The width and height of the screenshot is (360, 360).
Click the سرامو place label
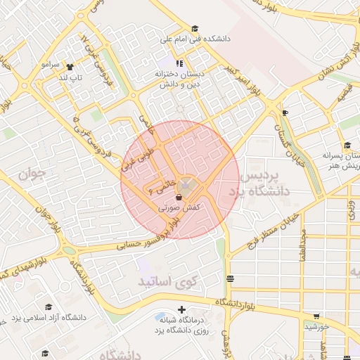(x=51, y=64)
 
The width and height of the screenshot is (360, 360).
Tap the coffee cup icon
(x=285, y=112)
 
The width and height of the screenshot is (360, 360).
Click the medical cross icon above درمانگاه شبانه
(x=182, y=309)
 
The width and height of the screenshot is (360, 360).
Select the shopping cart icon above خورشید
(x=316, y=316)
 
